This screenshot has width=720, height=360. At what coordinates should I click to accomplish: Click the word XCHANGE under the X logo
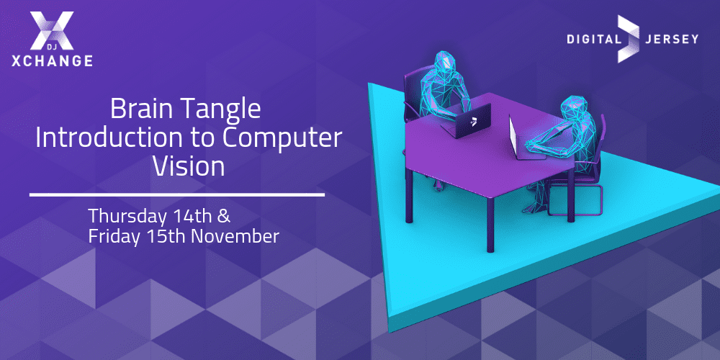pyautogui.click(x=53, y=60)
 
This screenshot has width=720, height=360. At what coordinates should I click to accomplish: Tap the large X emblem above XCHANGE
pyautogui.click(x=52, y=30)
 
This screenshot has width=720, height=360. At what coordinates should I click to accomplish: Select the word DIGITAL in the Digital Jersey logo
pyautogui.click(x=593, y=39)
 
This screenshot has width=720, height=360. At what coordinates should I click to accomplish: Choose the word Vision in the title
pyautogui.click(x=189, y=167)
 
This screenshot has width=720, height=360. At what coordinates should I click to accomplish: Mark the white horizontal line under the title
pyautogui.click(x=177, y=195)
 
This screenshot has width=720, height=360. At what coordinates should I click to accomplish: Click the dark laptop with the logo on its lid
pyautogui.click(x=467, y=121)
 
